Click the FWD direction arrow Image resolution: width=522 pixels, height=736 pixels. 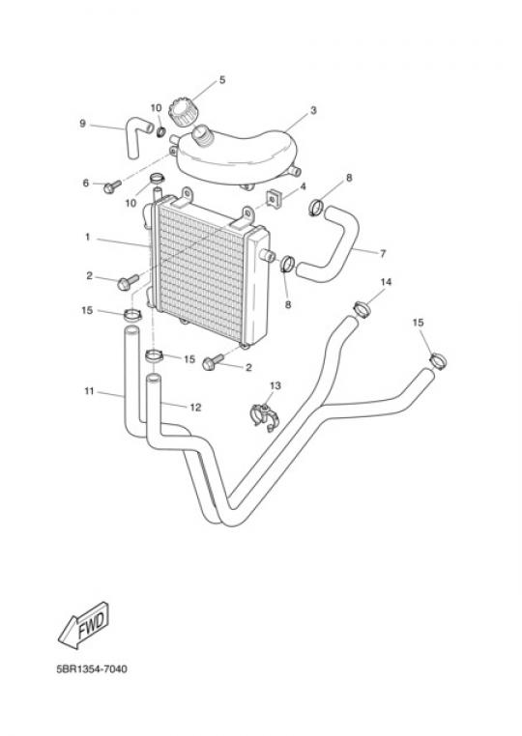[84, 625]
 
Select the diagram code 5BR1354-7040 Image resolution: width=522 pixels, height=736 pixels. [92, 669]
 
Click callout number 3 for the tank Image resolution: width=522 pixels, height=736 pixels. [313, 110]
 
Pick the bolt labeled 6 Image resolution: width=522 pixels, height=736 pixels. [113, 186]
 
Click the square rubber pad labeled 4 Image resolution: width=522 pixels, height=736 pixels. [273, 198]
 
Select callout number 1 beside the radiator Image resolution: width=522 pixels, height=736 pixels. [87, 237]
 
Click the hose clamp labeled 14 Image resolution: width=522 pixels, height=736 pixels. [362, 309]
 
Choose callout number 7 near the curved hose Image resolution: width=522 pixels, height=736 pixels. [383, 253]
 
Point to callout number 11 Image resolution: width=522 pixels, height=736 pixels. [89, 391]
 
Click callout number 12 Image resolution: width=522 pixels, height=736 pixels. [195, 408]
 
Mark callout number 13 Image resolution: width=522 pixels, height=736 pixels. [275, 385]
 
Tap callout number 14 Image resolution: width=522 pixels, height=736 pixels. [386, 282]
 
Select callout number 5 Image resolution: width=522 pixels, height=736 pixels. [222, 80]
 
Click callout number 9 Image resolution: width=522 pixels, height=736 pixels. [83, 124]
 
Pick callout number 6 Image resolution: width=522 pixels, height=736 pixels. [85, 183]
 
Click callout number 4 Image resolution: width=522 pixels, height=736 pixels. [304, 186]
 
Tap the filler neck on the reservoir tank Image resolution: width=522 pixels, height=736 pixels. [203, 134]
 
